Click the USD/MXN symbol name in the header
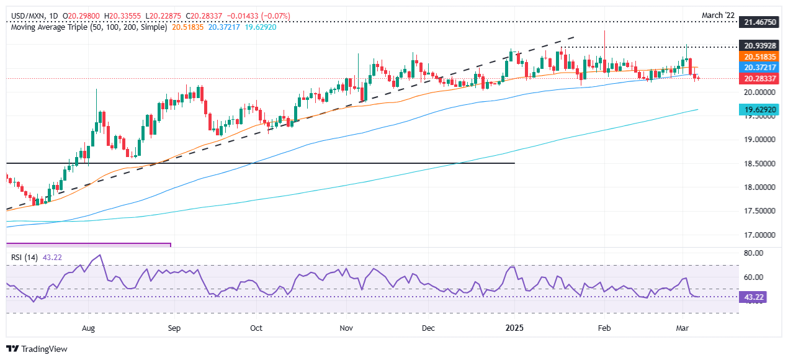click(x=25, y=16)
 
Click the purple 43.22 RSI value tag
click(x=753, y=297)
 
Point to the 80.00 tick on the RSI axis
click(x=753, y=253)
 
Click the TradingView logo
click(x=37, y=349)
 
